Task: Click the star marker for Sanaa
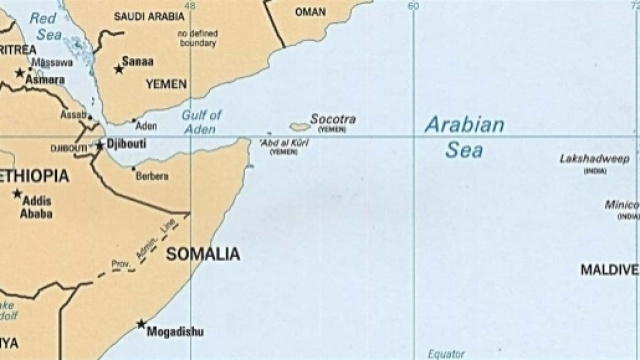pyautogui.click(x=119, y=68)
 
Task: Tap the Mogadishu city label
pyautogui.click(x=175, y=333)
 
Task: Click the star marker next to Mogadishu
pyautogui.click(x=141, y=324)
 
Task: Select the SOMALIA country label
pyautogui.click(x=203, y=254)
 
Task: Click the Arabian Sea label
pyautogui.click(x=464, y=138)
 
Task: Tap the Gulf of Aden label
pyautogui.click(x=201, y=122)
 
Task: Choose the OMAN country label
pyautogui.click(x=311, y=12)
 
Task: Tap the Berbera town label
pyautogui.click(x=152, y=176)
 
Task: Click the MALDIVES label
pyautogui.click(x=609, y=270)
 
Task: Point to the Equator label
pyautogui.click(x=447, y=353)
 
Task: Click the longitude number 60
pyautogui.click(x=413, y=6)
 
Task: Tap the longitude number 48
pyautogui.click(x=189, y=6)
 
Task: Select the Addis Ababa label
pyautogui.click(x=35, y=207)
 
